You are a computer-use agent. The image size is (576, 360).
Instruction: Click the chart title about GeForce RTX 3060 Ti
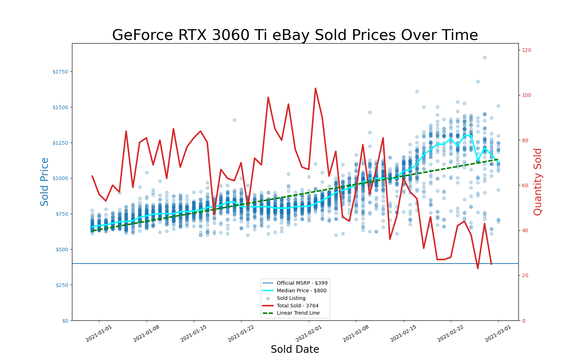click(295, 35)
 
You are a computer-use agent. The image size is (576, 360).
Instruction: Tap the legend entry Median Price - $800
click(301, 291)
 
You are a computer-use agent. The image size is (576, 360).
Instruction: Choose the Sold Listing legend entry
click(291, 298)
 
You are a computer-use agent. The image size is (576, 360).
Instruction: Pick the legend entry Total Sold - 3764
click(297, 306)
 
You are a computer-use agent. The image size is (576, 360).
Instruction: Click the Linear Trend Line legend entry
click(298, 313)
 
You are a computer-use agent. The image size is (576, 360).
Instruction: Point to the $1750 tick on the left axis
click(60, 72)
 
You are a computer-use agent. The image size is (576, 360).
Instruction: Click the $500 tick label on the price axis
click(61, 249)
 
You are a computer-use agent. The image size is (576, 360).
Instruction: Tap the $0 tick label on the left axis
click(65, 321)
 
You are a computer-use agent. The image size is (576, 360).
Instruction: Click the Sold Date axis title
click(295, 350)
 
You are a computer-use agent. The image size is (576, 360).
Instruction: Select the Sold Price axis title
click(45, 182)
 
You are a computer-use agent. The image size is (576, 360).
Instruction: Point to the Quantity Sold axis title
click(538, 182)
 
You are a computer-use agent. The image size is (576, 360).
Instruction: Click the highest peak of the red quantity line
click(315, 88)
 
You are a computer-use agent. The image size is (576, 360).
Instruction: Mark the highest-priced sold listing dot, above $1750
click(485, 57)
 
